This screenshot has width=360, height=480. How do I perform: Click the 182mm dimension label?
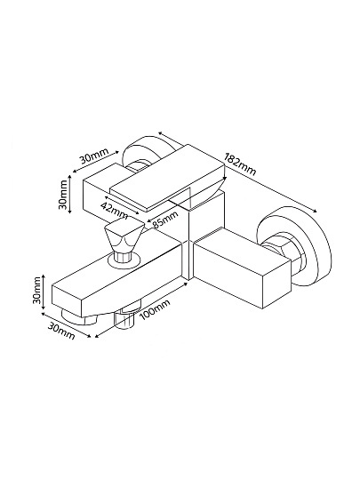[x=240, y=164]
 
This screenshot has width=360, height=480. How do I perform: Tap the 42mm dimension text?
[x=114, y=211]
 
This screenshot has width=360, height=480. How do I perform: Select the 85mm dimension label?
[x=165, y=220]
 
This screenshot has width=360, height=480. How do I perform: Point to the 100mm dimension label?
[x=155, y=310]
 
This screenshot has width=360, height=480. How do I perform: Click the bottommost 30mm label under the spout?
[x=61, y=332]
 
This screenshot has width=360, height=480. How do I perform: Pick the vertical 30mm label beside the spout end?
[x=37, y=290]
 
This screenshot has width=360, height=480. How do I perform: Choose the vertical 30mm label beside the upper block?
[x=63, y=195]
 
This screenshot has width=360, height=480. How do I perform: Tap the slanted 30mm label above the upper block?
[x=94, y=156]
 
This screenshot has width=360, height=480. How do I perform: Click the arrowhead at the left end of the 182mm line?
[x=161, y=133]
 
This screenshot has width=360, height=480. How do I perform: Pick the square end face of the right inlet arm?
[x=276, y=284]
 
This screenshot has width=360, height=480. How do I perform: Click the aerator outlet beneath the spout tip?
[x=79, y=318]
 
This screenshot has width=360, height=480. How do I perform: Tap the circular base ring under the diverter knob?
[x=124, y=260]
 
